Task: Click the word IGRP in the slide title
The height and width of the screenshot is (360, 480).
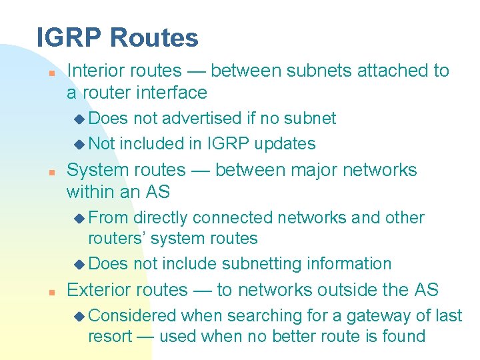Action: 67,37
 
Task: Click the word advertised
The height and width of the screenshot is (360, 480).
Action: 202,118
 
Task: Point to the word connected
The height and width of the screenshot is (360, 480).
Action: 236,217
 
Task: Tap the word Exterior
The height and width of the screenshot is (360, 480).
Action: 98,289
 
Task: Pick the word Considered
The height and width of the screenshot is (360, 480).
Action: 132,315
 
